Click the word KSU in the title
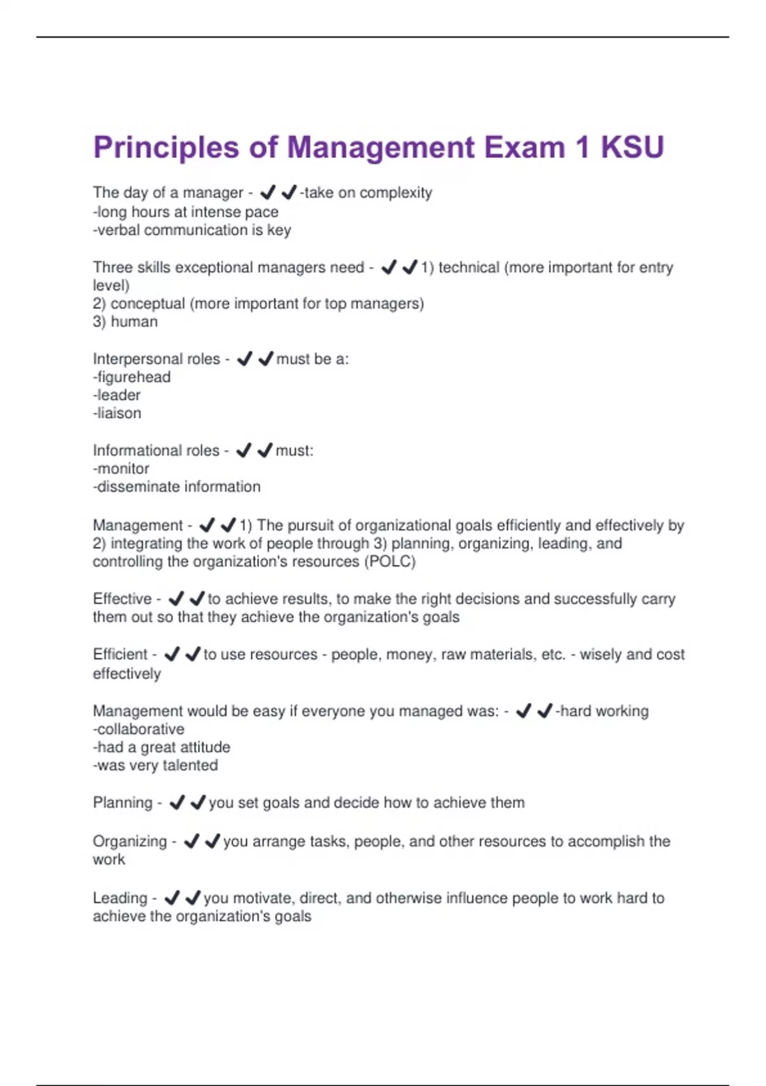coord(632,148)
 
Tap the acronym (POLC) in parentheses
coord(389,562)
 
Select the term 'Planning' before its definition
coord(123,802)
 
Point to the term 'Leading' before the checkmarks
coord(120,898)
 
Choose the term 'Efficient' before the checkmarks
coord(120,654)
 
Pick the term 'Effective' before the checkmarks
coord(122,599)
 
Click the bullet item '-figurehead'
coord(131,377)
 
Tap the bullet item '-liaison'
coord(117,413)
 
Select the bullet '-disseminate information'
coord(176,487)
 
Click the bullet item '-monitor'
coord(121,468)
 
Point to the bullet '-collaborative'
coord(139,729)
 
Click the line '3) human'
coord(125,321)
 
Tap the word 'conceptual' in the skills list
coord(147,303)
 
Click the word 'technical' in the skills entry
coord(469,267)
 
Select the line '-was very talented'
coord(155,765)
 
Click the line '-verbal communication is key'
coord(191,230)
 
